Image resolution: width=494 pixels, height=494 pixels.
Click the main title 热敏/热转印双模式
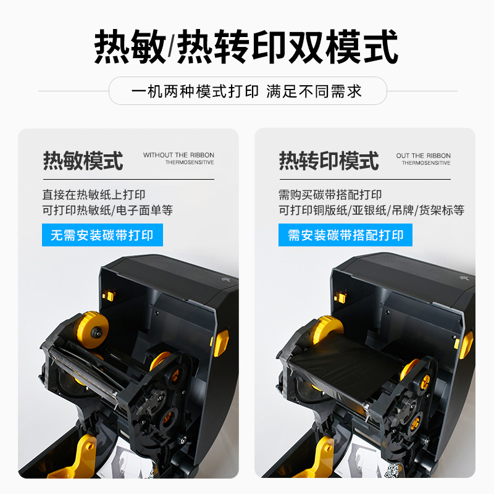tap(246, 47)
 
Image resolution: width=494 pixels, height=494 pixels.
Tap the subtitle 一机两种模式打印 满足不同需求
tap(246, 91)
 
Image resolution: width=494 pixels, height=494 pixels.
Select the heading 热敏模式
tap(83, 161)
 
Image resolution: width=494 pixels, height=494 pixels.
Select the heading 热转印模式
tap(329, 161)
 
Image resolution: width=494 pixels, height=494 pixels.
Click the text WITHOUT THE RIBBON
tap(178, 155)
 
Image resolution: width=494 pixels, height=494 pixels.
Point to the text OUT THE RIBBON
tap(424, 156)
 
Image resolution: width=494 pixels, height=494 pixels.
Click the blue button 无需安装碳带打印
tap(103, 235)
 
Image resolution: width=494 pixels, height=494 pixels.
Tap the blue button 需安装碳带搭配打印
tap(345, 235)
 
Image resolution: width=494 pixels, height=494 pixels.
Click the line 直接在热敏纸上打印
tap(94, 195)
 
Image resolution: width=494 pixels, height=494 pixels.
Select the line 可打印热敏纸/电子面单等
tap(107, 210)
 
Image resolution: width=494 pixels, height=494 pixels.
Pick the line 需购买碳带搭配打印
tap(330, 195)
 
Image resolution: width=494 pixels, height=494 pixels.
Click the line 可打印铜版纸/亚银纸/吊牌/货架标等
tap(372, 210)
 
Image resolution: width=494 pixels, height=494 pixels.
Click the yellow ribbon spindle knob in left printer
tap(93, 330)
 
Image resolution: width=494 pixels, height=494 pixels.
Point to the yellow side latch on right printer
tap(466, 344)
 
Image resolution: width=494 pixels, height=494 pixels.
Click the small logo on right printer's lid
tap(463, 277)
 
